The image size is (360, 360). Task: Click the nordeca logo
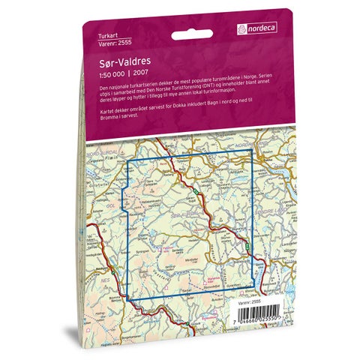(x=259, y=28)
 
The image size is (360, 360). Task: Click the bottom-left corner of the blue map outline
(x=127, y=299)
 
